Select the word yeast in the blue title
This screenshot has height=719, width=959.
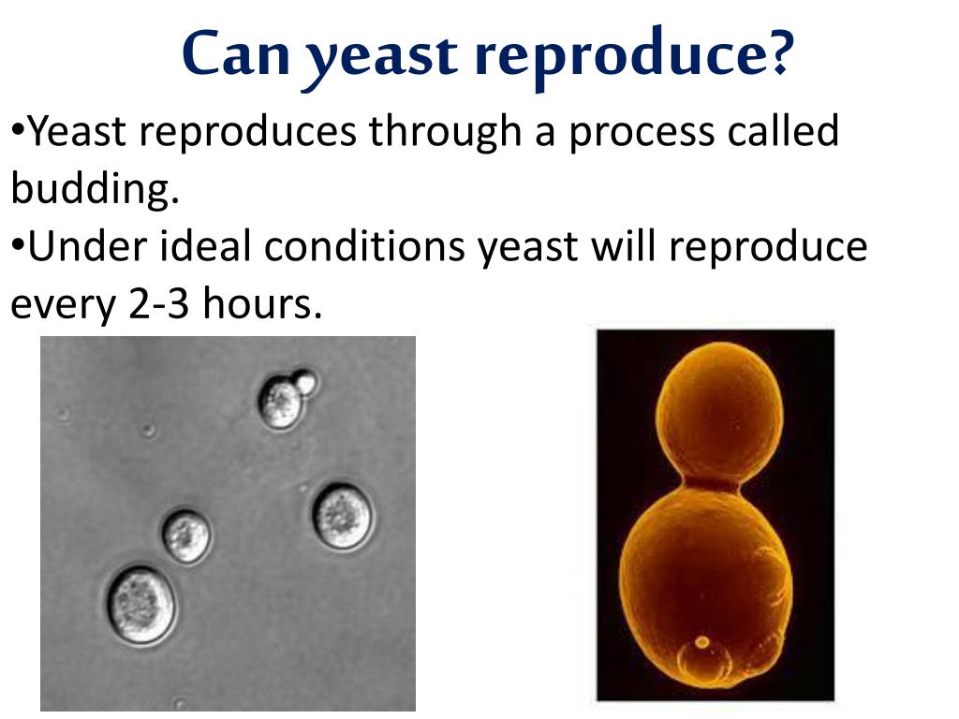380,59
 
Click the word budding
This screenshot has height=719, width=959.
95,188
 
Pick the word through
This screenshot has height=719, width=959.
445,132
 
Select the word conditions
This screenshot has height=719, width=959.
364,246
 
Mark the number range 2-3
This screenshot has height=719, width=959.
158,303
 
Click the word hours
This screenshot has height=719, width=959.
262,301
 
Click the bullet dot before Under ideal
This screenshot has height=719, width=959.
18,245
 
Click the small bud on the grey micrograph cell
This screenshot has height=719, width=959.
304,382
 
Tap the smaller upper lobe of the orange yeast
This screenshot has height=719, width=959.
719,411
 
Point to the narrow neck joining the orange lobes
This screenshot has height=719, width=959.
713,484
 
